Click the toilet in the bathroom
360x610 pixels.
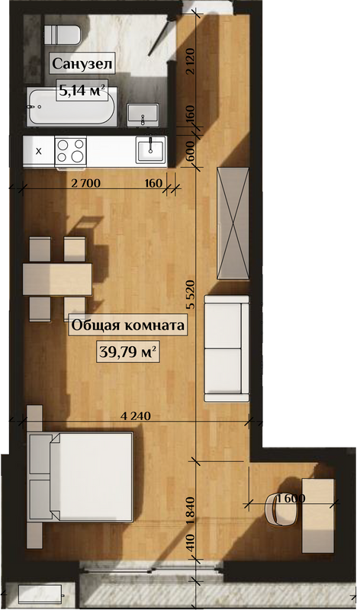[63, 35]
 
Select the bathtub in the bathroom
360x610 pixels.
[72, 107]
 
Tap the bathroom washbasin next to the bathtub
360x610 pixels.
[143, 115]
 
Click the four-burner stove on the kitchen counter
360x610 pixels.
[70, 151]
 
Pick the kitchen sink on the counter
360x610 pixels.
[150, 149]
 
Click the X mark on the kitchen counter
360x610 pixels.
[39, 151]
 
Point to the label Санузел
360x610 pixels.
[82, 63]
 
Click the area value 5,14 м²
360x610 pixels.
[82, 90]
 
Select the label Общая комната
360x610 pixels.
[127, 325]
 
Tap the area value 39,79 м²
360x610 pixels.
[127, 352]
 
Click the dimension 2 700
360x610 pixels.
[86, 183]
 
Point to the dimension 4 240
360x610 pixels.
[136, 416]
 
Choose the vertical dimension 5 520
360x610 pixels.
[191, 294]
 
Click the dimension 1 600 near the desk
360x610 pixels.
[291, 498]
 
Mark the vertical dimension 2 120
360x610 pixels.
[190, 62]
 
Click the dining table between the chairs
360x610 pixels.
[57, 279]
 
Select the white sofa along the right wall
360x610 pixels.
[227, 348]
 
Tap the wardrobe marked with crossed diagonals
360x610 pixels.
[233, 223]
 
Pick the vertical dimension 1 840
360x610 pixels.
[191, 511]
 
